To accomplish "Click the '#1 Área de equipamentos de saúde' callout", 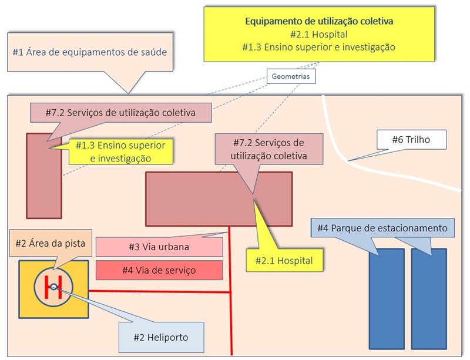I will [89, 52].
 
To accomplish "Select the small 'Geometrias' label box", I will [291, 76].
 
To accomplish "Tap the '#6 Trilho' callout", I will [411, 140].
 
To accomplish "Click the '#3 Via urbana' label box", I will [159, 247].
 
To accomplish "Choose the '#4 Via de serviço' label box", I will [159, 270].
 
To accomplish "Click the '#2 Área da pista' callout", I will [49, 243].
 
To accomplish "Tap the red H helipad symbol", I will [53, 287].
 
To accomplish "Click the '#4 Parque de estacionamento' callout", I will [382, 228].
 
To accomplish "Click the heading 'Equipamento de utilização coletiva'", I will [319, 21].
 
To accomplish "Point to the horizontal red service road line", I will [159, 291].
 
